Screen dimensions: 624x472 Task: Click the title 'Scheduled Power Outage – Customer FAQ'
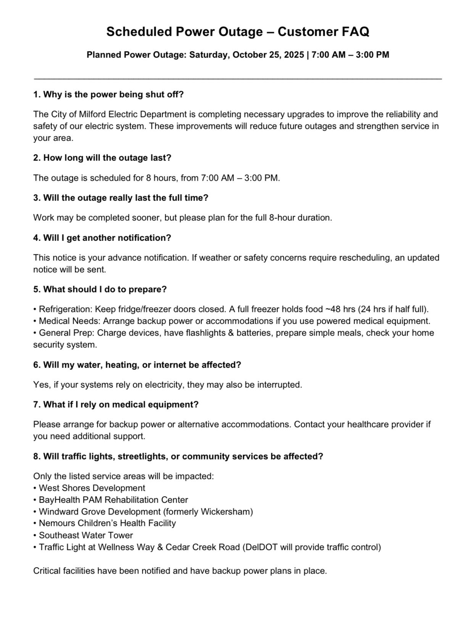click(x=237, y=32)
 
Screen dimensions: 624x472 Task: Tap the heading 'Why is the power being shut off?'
click(x=113, y=95)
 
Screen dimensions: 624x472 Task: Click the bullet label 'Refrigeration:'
click(x=66, y=309)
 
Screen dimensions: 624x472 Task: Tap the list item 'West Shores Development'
click(x=92, y=488)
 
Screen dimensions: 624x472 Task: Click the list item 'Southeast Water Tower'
click(x=86, y=536)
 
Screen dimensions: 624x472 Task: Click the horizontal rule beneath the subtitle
click(x=237, y=78)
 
